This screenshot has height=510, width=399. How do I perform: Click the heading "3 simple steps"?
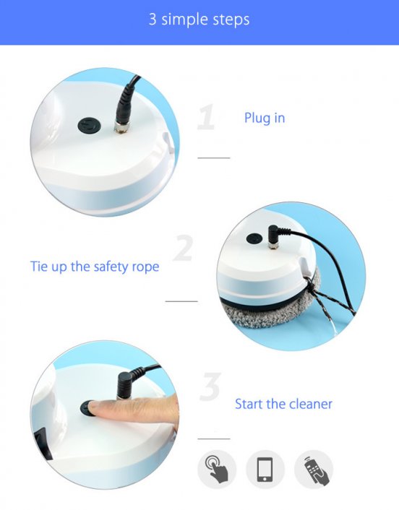click(199, 20)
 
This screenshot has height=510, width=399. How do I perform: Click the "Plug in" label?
click(265, 118)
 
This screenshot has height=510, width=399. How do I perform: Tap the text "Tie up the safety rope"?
click(95, 267)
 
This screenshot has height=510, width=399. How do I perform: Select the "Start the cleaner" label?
click(283, 404)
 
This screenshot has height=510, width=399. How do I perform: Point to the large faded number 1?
click(206, 117)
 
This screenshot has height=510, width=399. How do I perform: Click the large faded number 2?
click(183, 248)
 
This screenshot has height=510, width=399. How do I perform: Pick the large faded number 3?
click(210, 386)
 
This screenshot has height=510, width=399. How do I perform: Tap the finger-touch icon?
click(217, 469)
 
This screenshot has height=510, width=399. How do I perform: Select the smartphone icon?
click(265, 469)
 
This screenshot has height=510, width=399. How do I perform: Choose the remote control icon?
click(314, 469)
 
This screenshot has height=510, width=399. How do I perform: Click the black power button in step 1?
click(90, 126)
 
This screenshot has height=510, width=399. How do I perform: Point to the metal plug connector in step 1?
click(121, 127)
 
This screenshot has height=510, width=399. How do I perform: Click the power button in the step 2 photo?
click(254, 238)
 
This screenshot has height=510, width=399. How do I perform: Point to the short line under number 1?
click(214, 157)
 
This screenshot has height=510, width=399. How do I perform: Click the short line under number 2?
click(181, 301)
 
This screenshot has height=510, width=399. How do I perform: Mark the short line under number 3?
click(214, 438)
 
